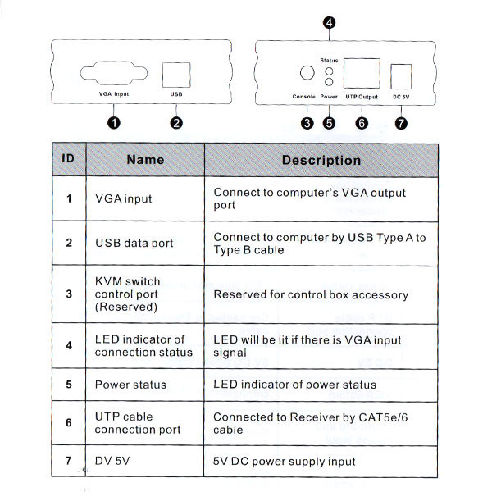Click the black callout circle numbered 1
(x=114, y=123)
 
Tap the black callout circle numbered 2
(x=175, y=123)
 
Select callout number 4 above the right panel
(x=329, y=23)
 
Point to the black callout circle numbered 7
(x=400, y=123)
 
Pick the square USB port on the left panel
(x=175, y=74)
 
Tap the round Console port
(x=306, y=73)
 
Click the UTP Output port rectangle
(x=361, y=74)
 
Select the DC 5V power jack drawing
(x=402, y=75)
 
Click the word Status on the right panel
(x=329, y=60)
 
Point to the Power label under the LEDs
(x=329, y=97)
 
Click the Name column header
(x=145, y=160)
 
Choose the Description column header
(x=321, y=160)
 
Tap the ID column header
(x=70, y=159)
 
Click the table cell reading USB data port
(x=134, y=243)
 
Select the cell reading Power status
(x=130, y=385)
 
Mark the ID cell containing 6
(x=70, y=423)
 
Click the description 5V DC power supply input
(x=285, y=462)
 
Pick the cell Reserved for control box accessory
(x=311, y=294)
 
